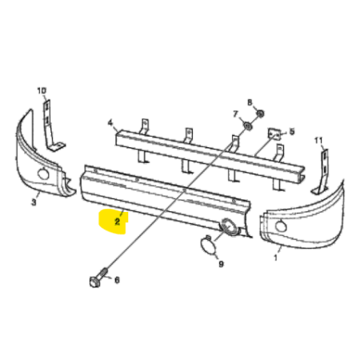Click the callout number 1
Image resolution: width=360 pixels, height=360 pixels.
click(x=276, y=258)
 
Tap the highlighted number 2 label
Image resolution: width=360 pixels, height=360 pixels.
click(x=117, y=222)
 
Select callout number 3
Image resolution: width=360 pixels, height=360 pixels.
click(x=34, y=202)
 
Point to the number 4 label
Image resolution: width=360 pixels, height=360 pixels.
click(x=110, y=122)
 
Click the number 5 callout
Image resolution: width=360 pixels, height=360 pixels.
click(x=292, y=131)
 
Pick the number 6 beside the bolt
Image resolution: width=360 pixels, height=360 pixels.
click(x=117, y=280)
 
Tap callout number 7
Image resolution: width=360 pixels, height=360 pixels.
click(x=235, y=114)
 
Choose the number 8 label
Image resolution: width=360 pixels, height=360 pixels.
click(x=250, y=102)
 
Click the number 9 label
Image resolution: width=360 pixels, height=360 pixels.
click(x=221, y=264)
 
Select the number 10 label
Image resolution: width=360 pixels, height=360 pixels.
click(x=42, y=91)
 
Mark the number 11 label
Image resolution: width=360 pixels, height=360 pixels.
click(x=318, y=140)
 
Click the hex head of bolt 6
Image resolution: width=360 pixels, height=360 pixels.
click(x=94, y=282)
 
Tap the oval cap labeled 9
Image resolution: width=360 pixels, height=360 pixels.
click(x=207, y=245)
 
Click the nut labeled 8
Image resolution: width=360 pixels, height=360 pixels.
click(x=261, y=114)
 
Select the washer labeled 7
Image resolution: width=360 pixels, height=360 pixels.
click(x=248, y=126)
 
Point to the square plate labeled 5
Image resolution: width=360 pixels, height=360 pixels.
click(x=274, y=134)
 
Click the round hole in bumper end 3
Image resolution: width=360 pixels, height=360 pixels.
click(x=43, y=174)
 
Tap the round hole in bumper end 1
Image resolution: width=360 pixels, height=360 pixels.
click(x=281, y=226)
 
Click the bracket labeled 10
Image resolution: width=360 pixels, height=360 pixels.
click(x=51, y=125)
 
